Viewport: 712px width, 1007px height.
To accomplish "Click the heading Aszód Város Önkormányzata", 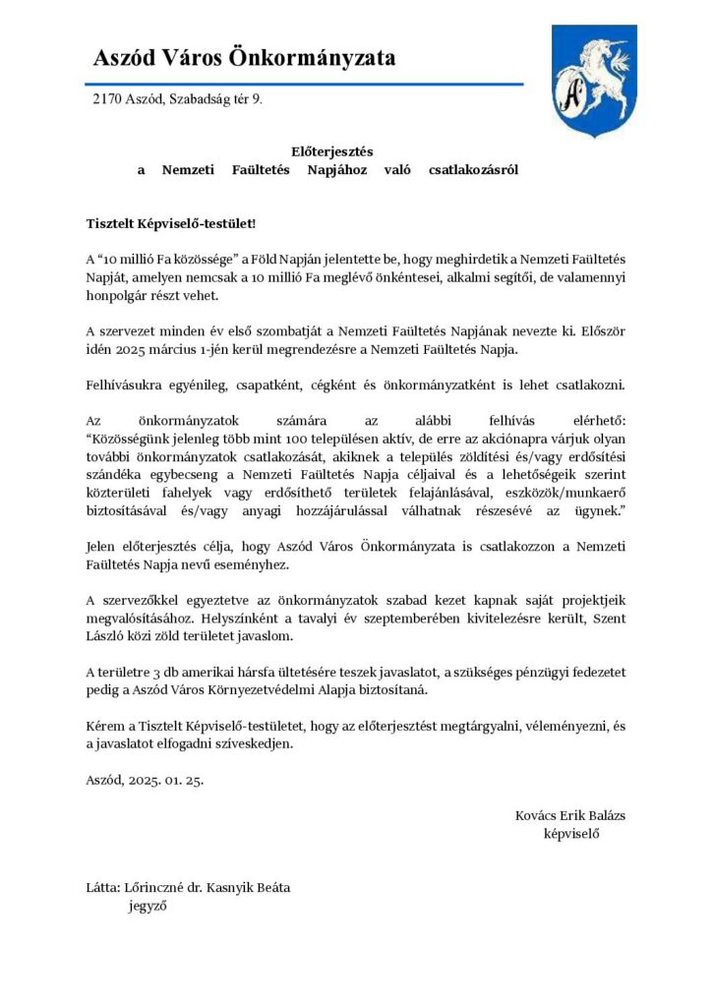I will (244, 58).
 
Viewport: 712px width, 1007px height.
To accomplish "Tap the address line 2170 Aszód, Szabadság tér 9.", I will (177, 100).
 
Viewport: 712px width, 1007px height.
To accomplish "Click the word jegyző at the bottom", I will (148, 907).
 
